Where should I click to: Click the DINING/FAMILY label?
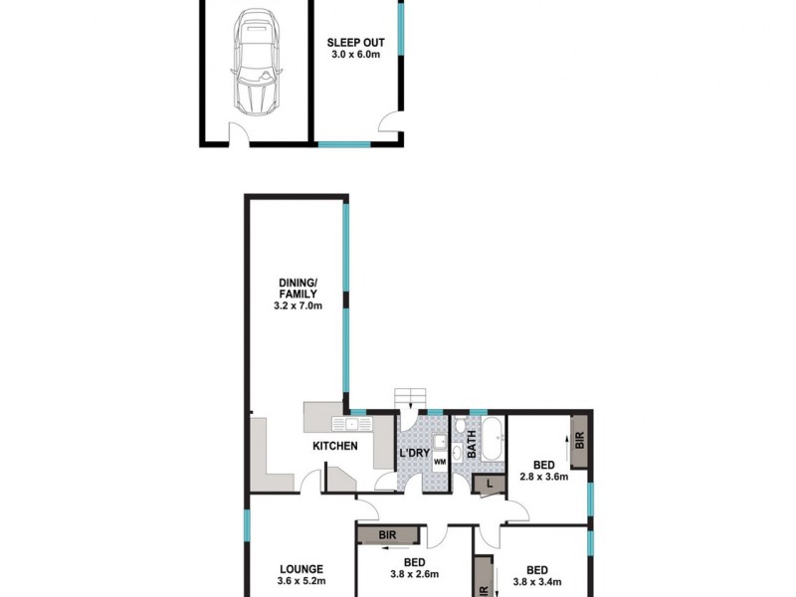tap(298, 289)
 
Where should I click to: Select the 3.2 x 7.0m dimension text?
tap(298, 306)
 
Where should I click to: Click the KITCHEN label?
tap(335, 446)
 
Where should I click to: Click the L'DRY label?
tap(413, 454)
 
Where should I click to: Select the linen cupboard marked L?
tap(489, 484)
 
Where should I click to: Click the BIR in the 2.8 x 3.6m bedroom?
tap(578, 440)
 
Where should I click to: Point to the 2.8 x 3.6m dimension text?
tap(543, 477)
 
